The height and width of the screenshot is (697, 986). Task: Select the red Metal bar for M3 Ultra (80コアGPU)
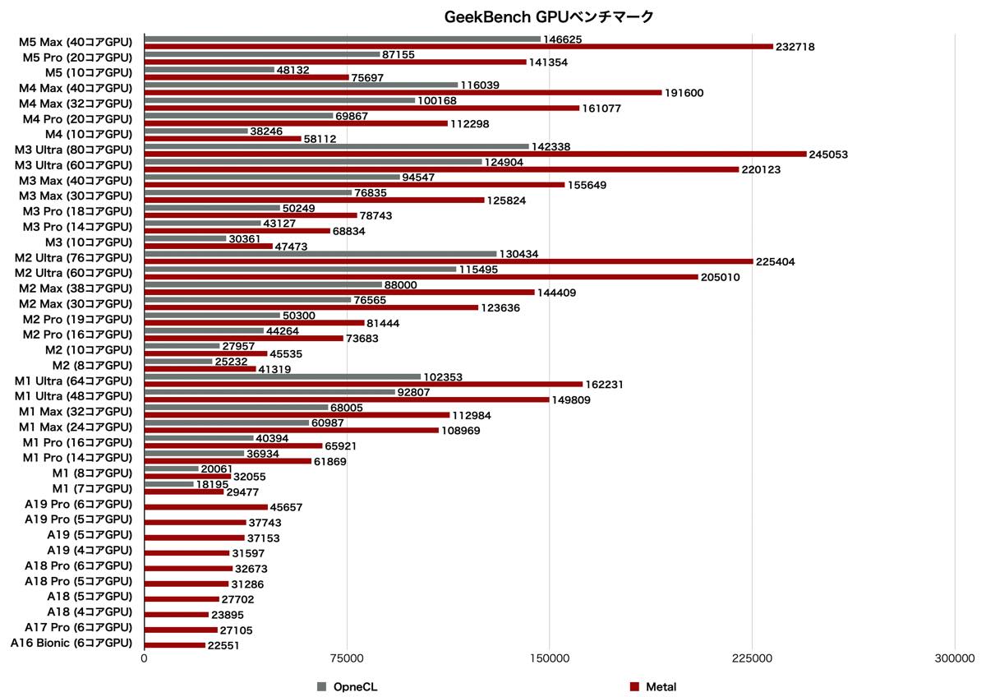(475, 154)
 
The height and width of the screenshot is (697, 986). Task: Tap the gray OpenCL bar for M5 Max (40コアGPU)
(342, 39)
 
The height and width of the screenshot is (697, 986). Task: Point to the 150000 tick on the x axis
(549, 658)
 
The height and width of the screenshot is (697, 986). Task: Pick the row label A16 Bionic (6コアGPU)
(71, 643)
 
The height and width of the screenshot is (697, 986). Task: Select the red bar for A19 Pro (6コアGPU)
(206, 507)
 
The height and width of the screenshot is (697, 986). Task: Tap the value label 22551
(224, 646)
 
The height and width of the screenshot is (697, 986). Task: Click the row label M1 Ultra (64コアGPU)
(74, 381)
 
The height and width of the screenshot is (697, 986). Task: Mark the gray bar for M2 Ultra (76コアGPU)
(320, 254)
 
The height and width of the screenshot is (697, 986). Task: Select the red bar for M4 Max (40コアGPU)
(403, 92)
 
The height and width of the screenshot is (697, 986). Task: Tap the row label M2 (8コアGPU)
(92, 365)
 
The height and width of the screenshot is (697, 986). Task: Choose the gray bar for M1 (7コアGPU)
(169, 484)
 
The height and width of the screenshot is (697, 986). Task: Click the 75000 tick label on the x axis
(347, 658)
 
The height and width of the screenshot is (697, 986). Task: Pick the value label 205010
(720, 277)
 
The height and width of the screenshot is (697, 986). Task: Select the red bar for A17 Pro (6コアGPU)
(181, 630)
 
